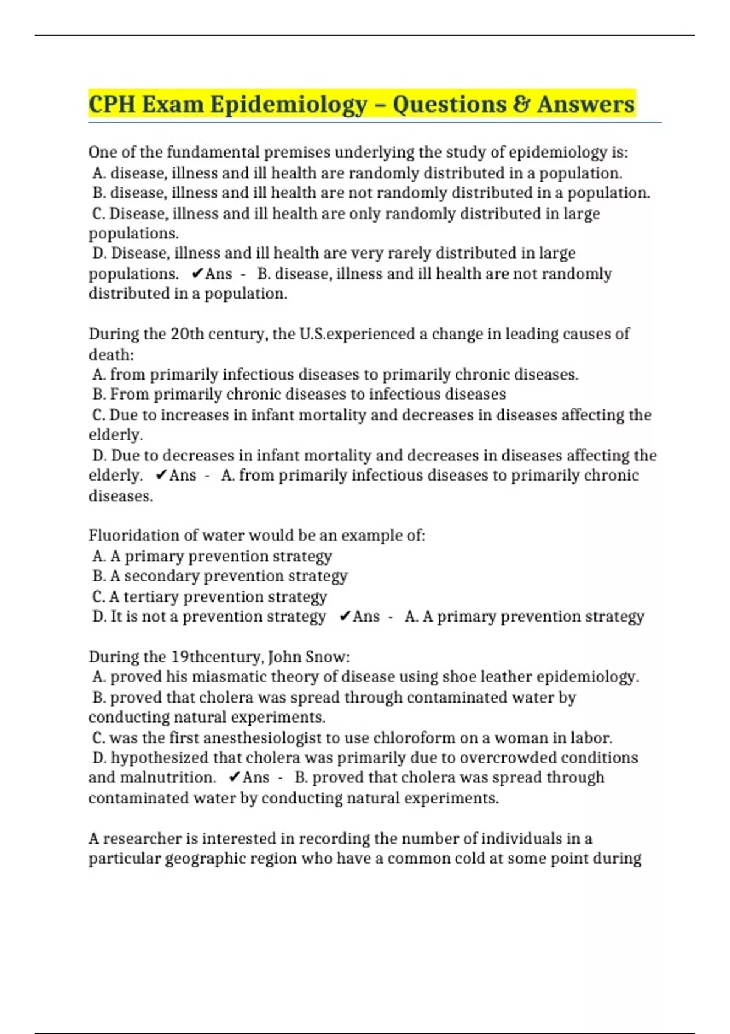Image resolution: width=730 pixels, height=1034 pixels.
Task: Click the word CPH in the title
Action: click(x=112, y=104)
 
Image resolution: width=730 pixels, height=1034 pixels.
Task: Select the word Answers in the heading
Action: click(x=586, y=104)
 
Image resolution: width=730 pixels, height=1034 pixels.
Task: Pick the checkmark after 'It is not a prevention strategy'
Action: click(x=344, y=617)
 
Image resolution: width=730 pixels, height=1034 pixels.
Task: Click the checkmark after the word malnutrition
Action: click(x=234, y=777)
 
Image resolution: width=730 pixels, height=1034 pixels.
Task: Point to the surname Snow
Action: click(x=327, y=657)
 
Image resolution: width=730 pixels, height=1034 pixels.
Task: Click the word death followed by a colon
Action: click(x=111, y=355)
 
